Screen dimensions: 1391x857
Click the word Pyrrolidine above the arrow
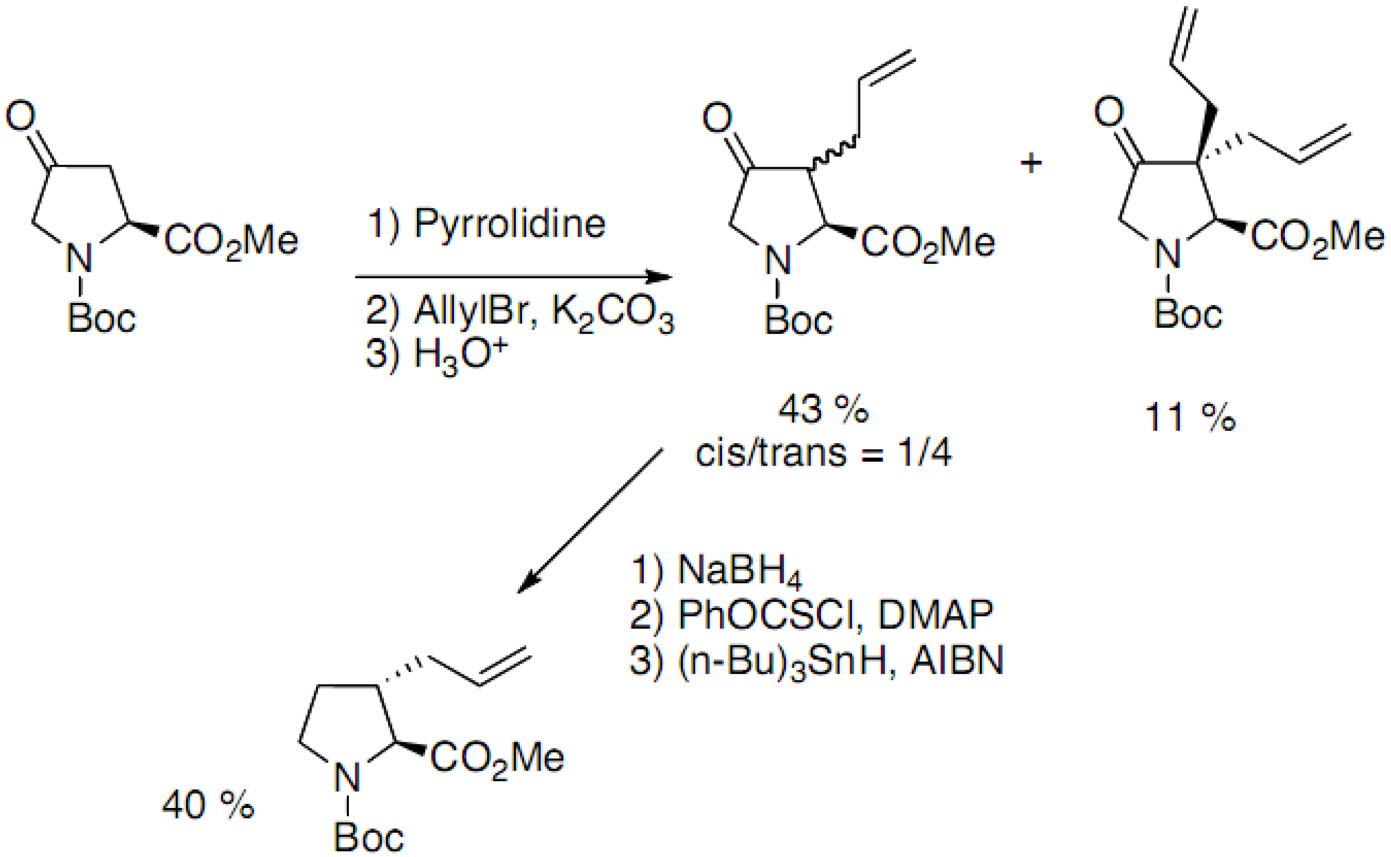pyautogui.click(x=510, y=224)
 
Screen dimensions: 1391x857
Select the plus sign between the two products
pyautogui.click(x=1031, y=164)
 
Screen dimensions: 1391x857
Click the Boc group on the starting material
pyautogui.click(x=102, y=318)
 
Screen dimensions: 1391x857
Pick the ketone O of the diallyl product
pyautogui.click(x=1109, y=112)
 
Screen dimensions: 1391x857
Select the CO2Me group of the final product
pyautogui.click(x=497, y=759)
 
